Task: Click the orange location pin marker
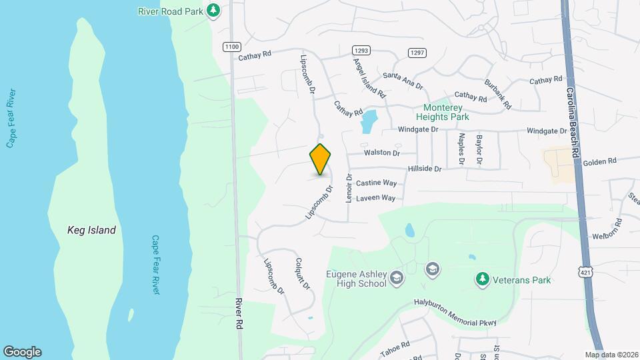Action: pos(321,159)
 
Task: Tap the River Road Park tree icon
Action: pos(213,10)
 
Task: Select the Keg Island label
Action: pos(91,230)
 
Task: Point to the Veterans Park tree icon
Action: pos(481,279)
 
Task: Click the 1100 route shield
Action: pos(231,46)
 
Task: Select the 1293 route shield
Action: pos(361,50)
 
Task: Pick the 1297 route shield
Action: pos(417,53)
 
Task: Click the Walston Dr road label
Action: pos(381,153)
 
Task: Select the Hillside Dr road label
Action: pos(425,169)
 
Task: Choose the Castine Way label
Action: pos(376,183)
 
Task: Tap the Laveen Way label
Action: pos(375,198)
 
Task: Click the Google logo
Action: pos(22,352)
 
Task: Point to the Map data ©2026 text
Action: pos(611,355)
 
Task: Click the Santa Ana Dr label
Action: pos(403,81)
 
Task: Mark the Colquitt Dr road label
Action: pos(302,274)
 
